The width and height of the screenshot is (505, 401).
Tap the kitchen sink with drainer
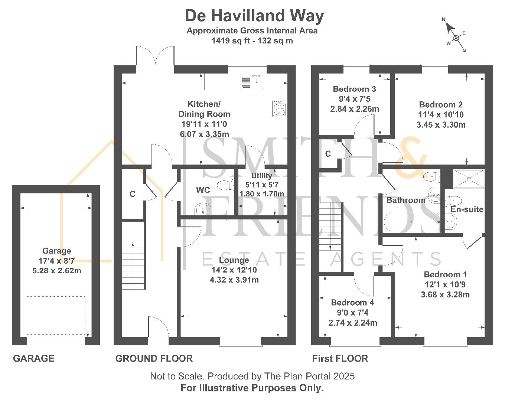[x=251, y=81]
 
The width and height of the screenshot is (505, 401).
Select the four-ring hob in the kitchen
[x=279, y=108]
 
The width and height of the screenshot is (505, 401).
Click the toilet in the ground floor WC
[x=225, y=185]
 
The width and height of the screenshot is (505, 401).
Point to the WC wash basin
[x=203, y=209]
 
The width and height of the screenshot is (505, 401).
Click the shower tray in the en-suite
[x=469, y=179]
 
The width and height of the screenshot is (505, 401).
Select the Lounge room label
[x=234, y=260]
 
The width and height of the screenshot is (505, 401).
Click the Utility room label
[x=261, y=176]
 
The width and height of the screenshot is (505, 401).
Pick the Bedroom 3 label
[x=354, y=89]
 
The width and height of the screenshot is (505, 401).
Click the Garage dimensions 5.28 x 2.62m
[x=57, y=271]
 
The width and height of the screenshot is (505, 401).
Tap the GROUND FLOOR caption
[x=154, y=359]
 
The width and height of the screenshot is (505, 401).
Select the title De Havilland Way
[x=255, y=16]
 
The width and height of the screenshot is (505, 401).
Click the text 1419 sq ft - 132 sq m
[x=252, y=41]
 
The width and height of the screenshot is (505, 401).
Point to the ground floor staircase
[x=133, y=265]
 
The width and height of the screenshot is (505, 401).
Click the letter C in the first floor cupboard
[x=328, y=154]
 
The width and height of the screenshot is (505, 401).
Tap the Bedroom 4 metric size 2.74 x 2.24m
[x=353, y=323]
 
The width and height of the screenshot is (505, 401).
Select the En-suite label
[x=467, y=209]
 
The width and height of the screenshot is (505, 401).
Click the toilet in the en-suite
[x=453, y=200]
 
